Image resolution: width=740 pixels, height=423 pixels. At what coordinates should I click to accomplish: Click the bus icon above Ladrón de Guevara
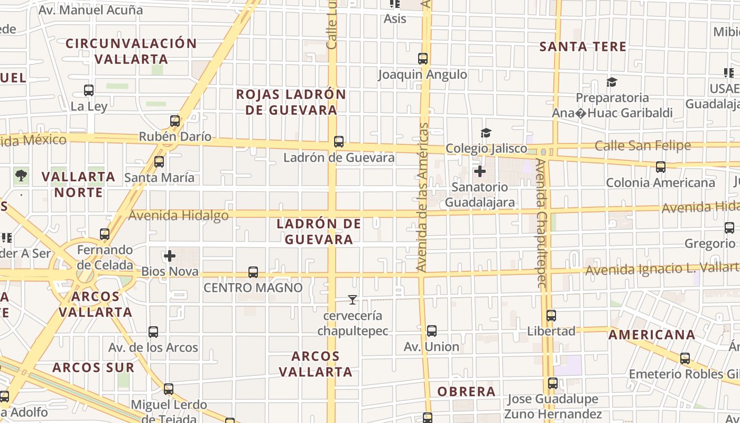pos(339,142)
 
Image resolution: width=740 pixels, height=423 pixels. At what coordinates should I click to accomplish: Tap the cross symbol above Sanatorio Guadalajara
pos(480,171)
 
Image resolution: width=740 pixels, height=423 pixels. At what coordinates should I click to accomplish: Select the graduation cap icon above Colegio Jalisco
pos(486,133)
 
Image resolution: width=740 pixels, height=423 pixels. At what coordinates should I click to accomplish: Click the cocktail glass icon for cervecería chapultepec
pos(352,300)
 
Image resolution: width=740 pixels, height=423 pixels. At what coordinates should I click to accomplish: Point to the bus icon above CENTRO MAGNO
pos(253,272)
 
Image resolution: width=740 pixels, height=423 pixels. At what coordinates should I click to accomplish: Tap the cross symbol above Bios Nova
pos(170,256)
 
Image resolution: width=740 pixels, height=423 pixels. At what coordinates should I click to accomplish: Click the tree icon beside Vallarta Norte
pos(21,176)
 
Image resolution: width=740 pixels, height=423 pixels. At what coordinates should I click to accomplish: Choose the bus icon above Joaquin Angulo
pos(423,59)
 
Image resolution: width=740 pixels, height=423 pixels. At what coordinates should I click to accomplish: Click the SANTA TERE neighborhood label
pos(582,47)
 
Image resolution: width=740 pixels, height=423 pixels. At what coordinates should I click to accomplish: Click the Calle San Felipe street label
pos(642,145)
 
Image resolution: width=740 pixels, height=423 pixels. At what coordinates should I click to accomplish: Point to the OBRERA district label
pos(466,392)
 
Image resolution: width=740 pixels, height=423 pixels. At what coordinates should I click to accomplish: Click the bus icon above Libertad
pos(551,316)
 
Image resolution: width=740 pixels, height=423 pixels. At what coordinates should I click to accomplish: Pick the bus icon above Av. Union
pos(432,332)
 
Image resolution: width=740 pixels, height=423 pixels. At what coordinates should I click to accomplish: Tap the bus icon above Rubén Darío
pos(175,121)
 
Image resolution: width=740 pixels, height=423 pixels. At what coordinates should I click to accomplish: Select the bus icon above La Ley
pos(89,90)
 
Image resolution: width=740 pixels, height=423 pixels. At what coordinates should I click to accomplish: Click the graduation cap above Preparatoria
pos(612,82)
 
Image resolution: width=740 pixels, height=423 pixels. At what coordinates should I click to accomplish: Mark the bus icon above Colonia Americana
pos(660,167)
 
